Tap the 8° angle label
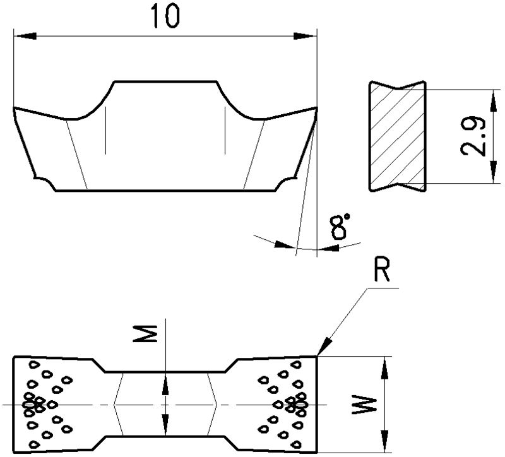pos(340,227)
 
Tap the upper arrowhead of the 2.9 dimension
pos(491,95)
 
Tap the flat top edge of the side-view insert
pos(166,81)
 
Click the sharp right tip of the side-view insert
pos(314,109)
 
